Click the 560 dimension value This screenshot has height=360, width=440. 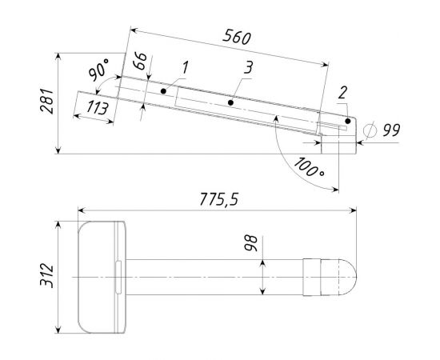coord(237,38)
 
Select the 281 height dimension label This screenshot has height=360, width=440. coord(46,101)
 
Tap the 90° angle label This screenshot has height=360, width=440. coord(98,69)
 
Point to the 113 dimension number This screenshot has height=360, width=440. coord(98,108)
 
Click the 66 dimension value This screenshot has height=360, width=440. coord(140,61)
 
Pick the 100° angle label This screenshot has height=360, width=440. coord(309,167)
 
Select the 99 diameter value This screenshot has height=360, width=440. coord(392,130)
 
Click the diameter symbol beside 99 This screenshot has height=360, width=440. coord(370,130)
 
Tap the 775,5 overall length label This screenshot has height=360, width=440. coord(219,199)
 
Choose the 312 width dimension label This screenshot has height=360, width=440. coord(46,275)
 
